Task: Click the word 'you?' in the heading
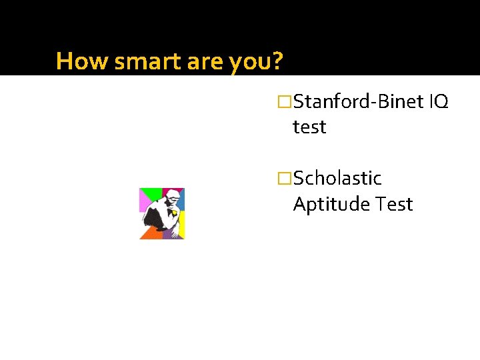pyautogui.click(x=257, y=62)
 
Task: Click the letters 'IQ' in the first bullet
pyautogui.click(x=439, y=101)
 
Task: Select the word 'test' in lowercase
pyautogui.click(x=309, y=127)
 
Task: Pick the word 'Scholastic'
pyautogui.click(x=337, y=178)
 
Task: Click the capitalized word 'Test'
pyautogui.click(x=394, y=203)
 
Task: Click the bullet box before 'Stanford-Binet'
pyautogui.click(x=285, y=102)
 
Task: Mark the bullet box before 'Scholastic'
pyautogui.click(x=285, y=179)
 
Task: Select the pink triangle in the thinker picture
pyautogui.click(x=143, y=203)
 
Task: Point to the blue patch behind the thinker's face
pyautogui.click(x=181, y=200)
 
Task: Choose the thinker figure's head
pyautogui.click(x=172, y=197)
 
